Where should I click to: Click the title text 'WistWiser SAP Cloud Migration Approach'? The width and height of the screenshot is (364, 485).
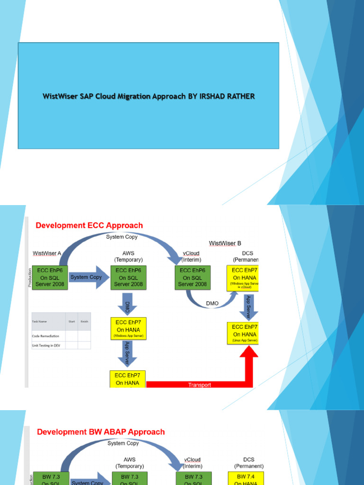(x=148, y=96)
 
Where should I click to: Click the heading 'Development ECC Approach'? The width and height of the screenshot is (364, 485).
(x=90, y=225)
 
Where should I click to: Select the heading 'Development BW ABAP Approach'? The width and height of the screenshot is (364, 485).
(x=101, y=431)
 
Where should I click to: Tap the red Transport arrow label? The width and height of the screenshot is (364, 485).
(x=199, y=385)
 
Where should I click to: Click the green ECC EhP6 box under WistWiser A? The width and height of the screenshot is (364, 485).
(x=49, y=278)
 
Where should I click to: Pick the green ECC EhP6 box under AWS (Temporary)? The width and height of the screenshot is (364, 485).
(x=128, y=278)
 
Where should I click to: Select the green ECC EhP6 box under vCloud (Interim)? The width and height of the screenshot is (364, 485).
(x=192, y=278)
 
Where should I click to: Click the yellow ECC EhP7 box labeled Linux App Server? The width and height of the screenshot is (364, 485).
(x=244, y=333)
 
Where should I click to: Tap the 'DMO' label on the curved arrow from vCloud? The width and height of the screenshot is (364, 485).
(x=212, y=303)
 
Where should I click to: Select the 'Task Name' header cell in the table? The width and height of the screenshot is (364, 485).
(x=40, y=321)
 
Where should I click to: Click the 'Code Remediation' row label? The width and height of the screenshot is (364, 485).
(x=45, y=336)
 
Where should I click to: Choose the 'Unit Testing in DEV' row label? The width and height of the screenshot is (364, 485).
(x=46, y=345)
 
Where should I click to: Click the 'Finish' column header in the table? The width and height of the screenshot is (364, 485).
(x=84, y=321)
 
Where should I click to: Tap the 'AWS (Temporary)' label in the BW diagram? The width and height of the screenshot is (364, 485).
(x=129, y=463)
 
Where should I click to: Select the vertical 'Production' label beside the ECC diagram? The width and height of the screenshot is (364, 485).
(x=29, y=278)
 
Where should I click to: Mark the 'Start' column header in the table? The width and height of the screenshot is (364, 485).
(x=72, y=321)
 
